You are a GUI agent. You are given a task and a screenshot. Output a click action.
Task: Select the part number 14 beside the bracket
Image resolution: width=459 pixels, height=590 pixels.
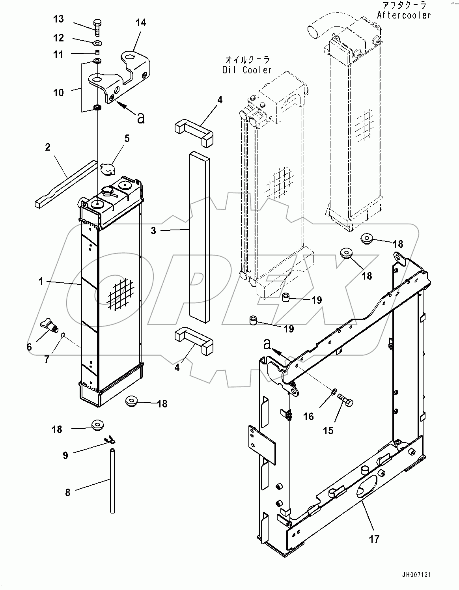click(x=141, y=23)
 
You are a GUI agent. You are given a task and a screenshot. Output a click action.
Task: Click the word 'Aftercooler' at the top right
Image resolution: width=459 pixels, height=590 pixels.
click(x=404, y=15)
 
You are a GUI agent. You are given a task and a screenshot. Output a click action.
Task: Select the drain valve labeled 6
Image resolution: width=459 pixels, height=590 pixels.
click(x=49, y=326)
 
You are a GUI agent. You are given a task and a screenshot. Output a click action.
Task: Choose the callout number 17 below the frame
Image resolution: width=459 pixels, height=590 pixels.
click(x=374, y=538)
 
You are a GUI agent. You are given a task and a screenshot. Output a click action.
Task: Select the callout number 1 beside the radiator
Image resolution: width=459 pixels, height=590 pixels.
click(x=41, y=281)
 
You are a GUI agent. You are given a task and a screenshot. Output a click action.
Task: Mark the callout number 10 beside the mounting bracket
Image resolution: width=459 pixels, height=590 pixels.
click(x=58, y=93)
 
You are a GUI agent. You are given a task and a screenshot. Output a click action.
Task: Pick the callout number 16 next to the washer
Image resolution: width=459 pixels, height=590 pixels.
click(x=308, y=416)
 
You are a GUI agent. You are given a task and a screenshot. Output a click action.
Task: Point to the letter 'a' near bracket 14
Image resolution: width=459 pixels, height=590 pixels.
click(x=140, y=117)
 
